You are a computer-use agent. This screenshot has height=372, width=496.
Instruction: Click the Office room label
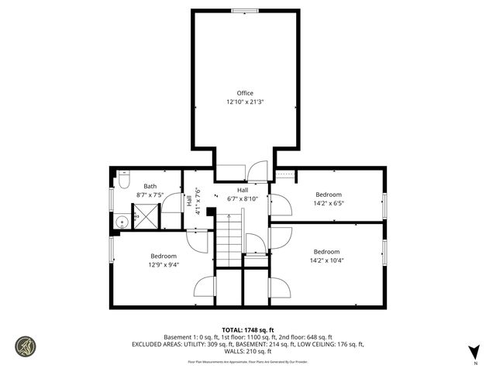click(x=245, y=93)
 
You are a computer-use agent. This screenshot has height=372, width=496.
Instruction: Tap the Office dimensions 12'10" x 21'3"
click(x=245, y=102)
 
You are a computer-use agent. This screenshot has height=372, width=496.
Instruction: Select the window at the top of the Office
click(x=245, y=10)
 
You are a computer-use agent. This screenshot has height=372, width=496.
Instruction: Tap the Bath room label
click(x=150, y=186)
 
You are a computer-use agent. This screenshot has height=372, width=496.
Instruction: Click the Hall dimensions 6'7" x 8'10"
click(x=243, y=198)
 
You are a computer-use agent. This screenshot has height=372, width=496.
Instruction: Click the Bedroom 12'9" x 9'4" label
click(x=164, y=264)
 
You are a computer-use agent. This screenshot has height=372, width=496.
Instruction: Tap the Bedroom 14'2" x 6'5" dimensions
click(x=328, y=204)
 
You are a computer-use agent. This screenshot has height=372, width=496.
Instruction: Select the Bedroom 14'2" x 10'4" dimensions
click(x=326, y=260)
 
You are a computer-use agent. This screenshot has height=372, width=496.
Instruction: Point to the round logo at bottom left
click(x=26, y=346)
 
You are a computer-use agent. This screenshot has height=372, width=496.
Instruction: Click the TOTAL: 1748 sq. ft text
click(x=248, y=329)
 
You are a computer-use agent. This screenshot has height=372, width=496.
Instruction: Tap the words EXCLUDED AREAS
click(x=159, y=344)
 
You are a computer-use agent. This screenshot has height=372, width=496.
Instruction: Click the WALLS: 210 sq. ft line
click(x=248, y=351)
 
